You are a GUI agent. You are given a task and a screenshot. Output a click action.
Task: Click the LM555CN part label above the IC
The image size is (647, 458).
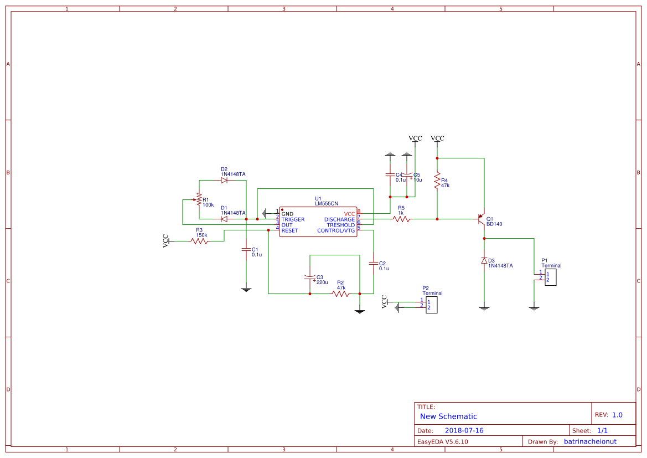click(326, 204)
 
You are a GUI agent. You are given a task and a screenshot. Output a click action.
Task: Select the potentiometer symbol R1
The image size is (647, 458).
click(198, 199)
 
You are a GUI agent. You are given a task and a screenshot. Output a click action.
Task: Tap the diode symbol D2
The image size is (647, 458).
click(224, 180)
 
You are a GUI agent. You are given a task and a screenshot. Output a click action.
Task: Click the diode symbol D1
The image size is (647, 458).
click(224, 219)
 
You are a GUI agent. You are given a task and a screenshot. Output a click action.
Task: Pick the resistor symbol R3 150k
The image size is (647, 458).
click(199, 241)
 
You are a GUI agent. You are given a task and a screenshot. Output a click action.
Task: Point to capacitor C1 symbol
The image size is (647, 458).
click(246, 250)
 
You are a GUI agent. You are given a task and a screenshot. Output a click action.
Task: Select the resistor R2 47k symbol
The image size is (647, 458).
click(341, 294)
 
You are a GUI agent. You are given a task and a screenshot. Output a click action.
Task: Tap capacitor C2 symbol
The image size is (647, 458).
click(374, 263)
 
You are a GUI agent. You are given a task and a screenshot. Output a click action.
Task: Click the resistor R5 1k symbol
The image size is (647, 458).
click(401, 219)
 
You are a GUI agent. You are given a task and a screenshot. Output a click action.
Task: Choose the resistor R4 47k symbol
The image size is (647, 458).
click(437, 180)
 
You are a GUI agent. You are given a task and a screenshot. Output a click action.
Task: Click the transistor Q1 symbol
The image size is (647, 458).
click(482, 220)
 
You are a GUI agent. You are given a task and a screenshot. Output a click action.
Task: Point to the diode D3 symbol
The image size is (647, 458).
click(484, 260)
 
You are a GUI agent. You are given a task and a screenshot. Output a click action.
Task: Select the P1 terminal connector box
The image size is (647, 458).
click(550, 277)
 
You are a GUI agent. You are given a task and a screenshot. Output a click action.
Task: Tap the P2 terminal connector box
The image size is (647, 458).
click(431, 305)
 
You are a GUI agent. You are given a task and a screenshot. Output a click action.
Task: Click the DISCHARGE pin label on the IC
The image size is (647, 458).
click(339, 220)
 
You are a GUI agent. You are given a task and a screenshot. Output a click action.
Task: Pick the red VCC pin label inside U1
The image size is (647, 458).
click(349, 214)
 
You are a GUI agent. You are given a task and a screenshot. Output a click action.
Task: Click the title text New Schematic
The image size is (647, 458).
click(448, 416)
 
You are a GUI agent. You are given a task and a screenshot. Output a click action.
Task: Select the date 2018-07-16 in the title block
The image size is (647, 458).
click(464, 430)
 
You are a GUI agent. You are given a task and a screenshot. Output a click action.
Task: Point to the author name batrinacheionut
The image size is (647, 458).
click(590, 441)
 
